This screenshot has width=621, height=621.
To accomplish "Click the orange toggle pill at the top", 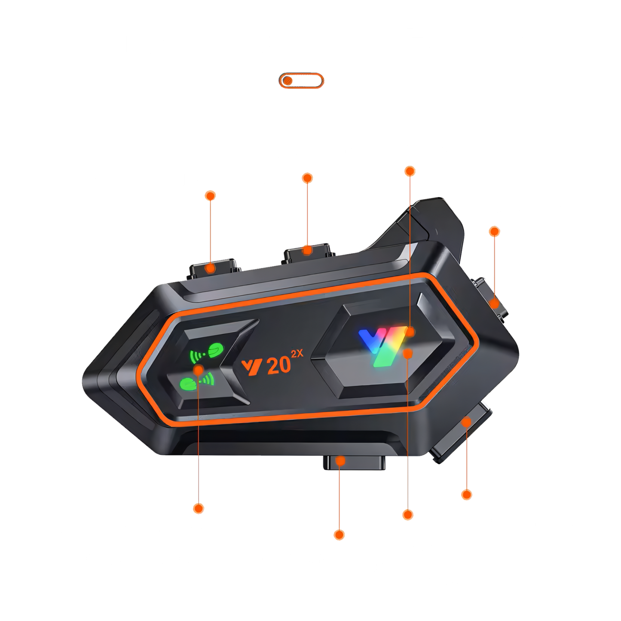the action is coord(301,80).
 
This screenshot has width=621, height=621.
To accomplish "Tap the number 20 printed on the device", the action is coord(278,367).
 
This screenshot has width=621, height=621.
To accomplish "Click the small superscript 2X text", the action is coord(297,354).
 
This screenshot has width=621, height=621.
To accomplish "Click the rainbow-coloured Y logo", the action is coord(382,347).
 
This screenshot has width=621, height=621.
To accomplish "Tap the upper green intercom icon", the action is coord(207,352).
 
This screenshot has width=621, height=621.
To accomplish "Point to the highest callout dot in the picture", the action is coord(410,171).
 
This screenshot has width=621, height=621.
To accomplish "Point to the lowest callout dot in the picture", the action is coord(339,535).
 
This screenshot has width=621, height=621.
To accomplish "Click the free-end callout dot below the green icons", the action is coord(199,508).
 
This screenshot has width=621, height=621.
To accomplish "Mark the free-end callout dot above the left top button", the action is coord(210,196).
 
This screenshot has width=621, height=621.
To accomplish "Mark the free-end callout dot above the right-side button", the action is coord(494,231).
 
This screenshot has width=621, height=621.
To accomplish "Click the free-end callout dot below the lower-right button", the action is coord(467,495).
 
